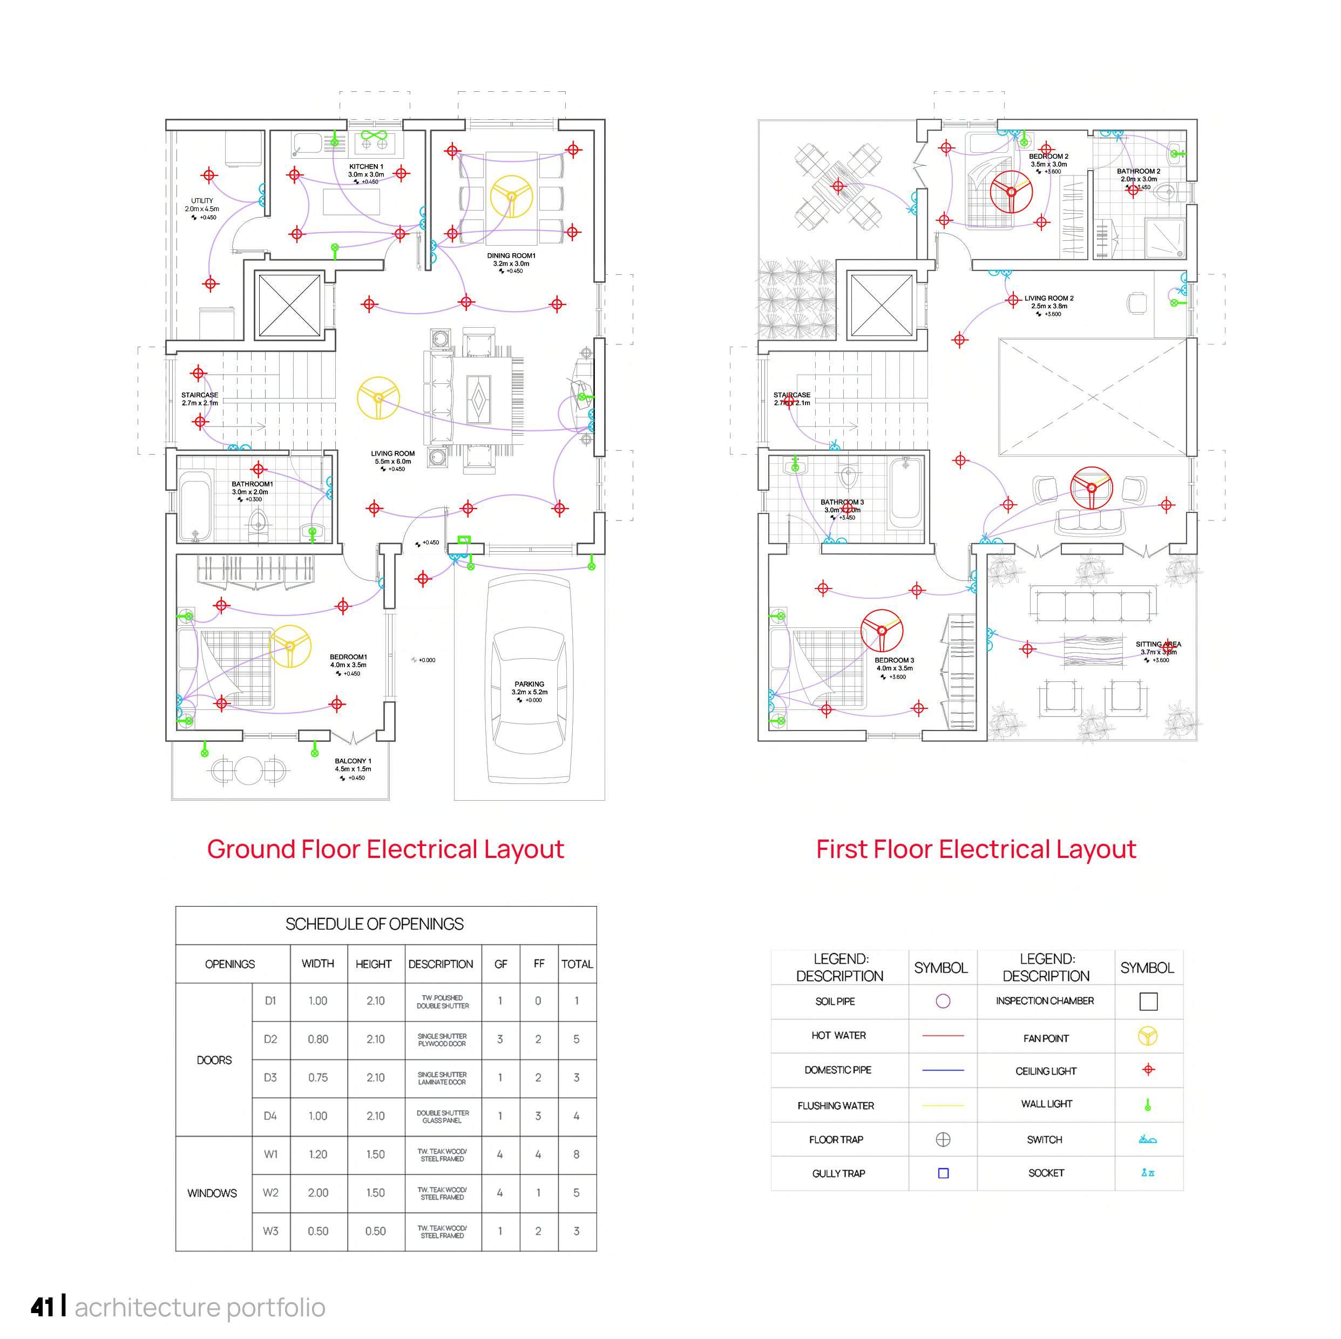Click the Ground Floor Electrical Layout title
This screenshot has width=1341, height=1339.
(385, 849)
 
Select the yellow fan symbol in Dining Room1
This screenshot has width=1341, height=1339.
(512, 197)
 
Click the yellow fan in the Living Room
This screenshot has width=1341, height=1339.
(378, 398)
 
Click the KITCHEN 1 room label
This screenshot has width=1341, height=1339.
(366, 167)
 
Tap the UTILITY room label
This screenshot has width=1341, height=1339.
(202, 201)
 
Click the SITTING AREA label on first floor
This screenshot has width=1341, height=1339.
(1158, 644)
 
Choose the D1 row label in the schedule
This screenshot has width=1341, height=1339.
(270, 1001)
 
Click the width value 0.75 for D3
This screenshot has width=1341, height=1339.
(318, 1077)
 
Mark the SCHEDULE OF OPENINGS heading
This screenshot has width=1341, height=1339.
(374, 924)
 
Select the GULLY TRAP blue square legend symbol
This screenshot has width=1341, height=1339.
(943, 1173)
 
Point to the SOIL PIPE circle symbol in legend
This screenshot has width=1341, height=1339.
(943, 1001)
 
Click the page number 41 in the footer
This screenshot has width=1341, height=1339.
(42, 1307)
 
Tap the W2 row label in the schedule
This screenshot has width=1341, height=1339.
(270, 1193)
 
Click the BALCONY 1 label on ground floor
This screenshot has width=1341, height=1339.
(353, 761)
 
